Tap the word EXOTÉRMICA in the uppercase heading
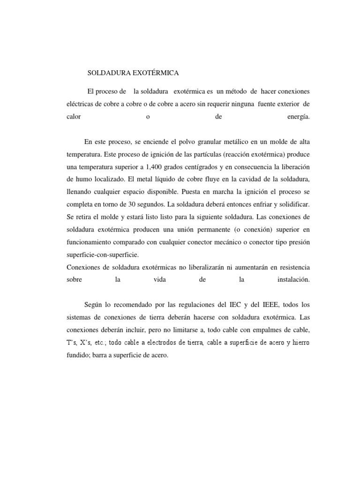coord(154,73)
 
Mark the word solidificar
coord(294,204)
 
